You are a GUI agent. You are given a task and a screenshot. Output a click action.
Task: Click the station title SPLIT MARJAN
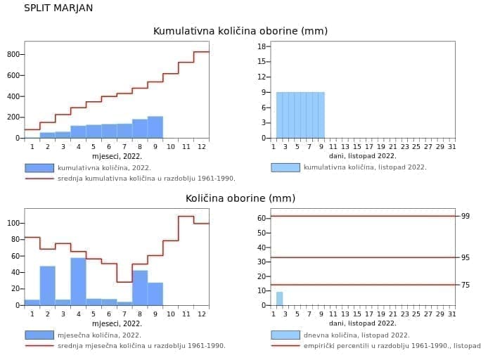click(58, 8)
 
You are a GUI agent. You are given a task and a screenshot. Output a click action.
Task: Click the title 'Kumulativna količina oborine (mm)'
click(240, 31)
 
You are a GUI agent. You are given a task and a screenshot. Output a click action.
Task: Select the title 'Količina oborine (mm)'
click(240, 198)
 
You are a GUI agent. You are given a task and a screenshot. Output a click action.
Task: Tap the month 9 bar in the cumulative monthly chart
click(155, 127)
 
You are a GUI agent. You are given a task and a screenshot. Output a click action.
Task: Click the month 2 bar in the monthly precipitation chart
click(47, 285)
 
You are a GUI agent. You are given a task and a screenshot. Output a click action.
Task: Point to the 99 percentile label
click(465, 217)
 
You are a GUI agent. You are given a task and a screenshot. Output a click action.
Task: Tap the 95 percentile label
click(465, 258)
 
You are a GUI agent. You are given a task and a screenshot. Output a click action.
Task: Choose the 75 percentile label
click(465, 285)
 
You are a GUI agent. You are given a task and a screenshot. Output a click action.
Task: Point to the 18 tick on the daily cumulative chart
click(262, 46)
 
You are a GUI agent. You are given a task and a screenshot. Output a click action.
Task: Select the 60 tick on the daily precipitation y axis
click(261, 218)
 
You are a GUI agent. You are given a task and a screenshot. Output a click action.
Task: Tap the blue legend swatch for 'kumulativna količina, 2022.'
click(39, 168)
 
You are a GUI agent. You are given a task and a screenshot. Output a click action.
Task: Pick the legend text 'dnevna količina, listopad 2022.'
click(357, 335)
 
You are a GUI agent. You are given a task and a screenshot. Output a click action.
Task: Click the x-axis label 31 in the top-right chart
click(451, 146)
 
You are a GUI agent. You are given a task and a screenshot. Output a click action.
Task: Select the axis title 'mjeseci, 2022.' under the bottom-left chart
click(117, 323)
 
